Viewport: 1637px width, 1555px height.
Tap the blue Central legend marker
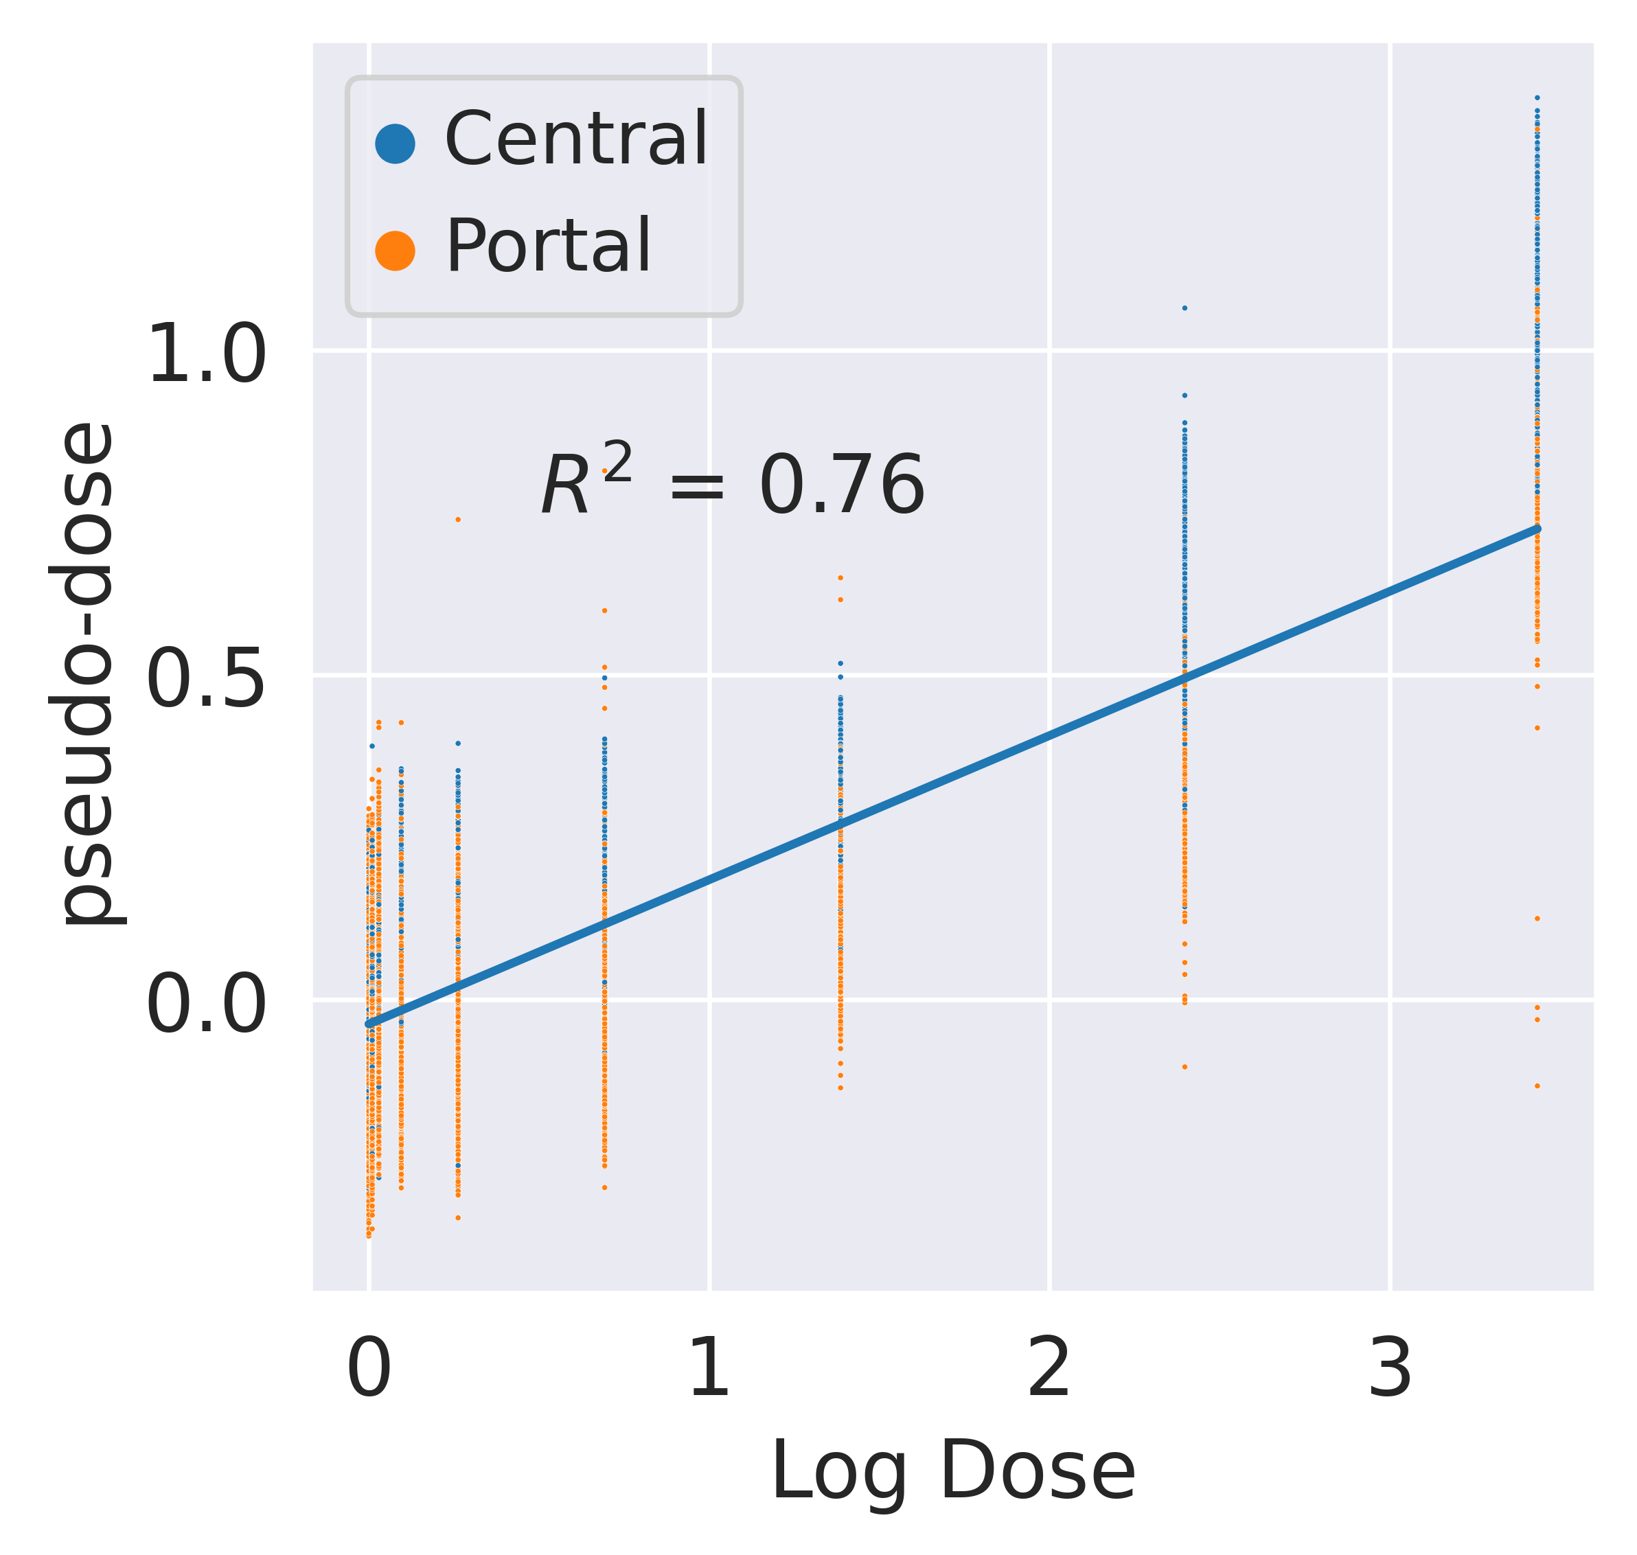coord(396,144)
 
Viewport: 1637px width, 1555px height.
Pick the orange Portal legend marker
coord(396,251)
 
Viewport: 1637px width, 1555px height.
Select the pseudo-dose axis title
coord(83,674)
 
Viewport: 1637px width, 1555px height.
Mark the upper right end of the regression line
coord(1537,528)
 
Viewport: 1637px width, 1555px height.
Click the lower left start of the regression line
coord(369,1024)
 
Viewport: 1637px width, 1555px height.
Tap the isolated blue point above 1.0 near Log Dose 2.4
coord(1184,308)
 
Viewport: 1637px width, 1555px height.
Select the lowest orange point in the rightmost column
coord(1537,1086)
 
